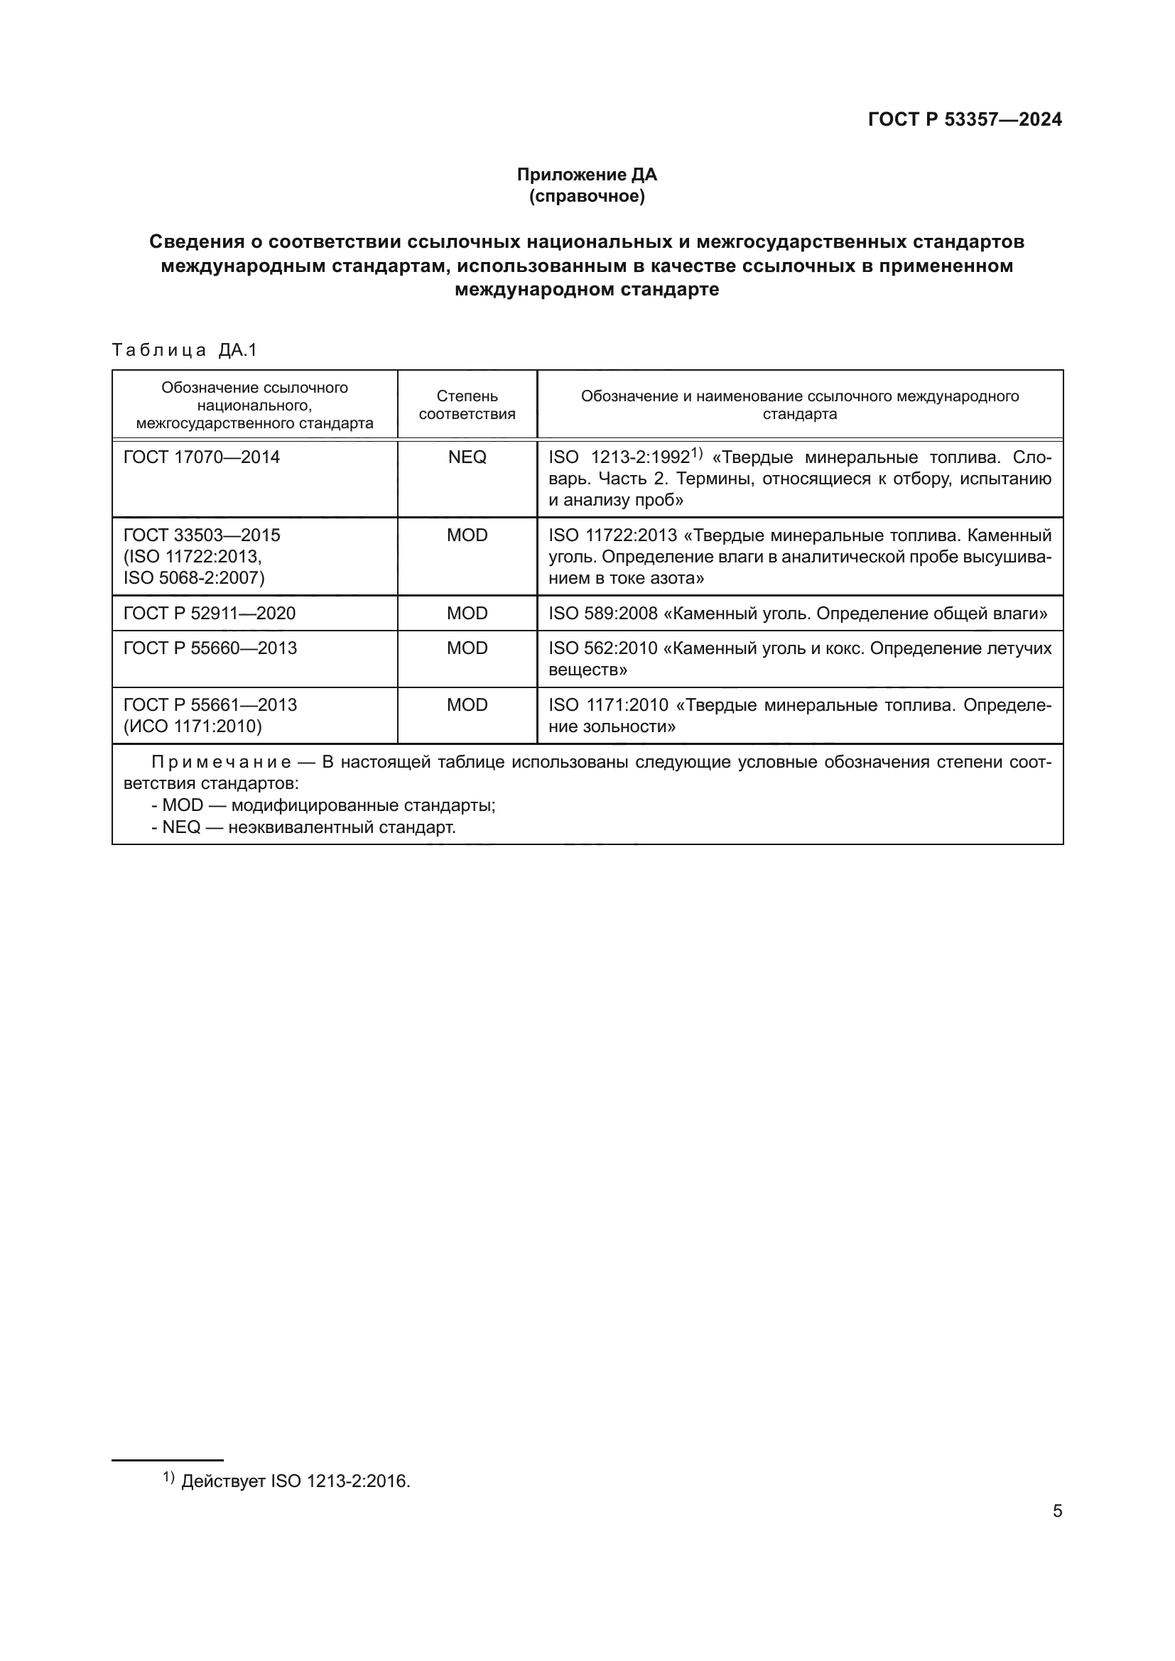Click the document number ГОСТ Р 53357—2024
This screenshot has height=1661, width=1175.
tap(965, 119)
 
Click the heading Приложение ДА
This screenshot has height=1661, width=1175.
tap(587, 175)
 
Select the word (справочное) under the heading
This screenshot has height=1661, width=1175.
tap(587, 196)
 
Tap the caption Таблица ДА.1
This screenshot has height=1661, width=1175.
tap(185, 350)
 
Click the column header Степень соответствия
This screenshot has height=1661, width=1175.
tap(467, 404)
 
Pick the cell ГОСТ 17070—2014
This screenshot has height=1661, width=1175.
tap(202, 457)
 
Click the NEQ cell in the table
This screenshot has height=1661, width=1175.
tap(467, 457)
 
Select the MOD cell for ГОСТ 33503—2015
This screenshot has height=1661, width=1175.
tap(467, 535)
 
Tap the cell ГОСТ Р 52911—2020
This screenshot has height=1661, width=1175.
tap(209, 614)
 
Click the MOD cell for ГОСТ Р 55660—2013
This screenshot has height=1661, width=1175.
tap(467, 648)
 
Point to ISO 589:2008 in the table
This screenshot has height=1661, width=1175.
tap(602, 614)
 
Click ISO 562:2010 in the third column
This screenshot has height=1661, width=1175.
tap(602, 648)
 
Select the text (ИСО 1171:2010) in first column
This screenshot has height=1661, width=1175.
tap(193, 726)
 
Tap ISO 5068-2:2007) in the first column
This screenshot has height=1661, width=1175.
tap(194, 577)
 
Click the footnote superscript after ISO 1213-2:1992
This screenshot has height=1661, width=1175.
tap(696, 454)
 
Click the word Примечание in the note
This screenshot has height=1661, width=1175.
tap(222, 763)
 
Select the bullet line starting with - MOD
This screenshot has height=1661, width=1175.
tap(323, 805)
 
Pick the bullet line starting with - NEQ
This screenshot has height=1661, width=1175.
tap(304, 827)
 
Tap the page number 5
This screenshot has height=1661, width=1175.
tap(1057, 1511)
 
